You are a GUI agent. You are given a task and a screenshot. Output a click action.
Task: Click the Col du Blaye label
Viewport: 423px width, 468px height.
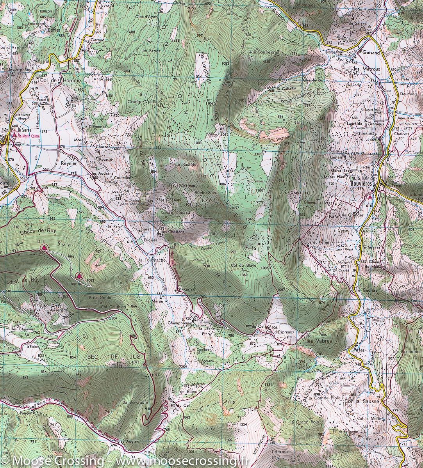pos(241,266)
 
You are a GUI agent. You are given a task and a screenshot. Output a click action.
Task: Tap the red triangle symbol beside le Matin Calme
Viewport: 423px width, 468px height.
pos(14,136)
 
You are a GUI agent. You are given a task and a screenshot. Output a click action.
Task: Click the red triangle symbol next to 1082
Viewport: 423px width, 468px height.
pos(80,275)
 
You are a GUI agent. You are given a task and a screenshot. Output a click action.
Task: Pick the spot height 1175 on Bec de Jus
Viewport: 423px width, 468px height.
pos(118,366)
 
